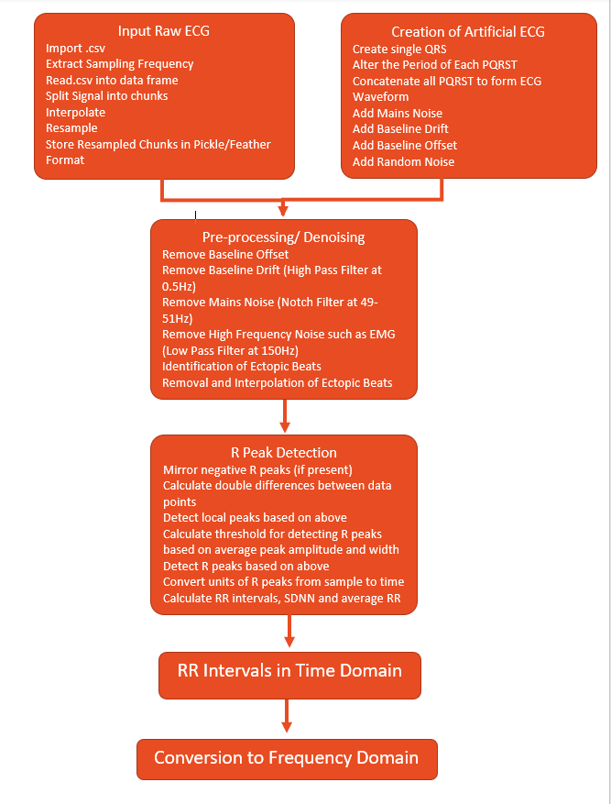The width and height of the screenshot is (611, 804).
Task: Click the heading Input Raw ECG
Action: coord(163,31)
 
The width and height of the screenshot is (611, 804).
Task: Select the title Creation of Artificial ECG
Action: coord(468,32)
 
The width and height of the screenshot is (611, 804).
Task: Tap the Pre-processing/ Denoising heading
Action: coord(283,237)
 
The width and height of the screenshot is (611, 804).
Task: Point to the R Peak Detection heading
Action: coord(284,453)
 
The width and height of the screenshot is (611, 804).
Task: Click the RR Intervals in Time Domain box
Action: coord(289,676)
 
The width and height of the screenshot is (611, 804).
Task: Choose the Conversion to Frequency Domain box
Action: coord(287,759)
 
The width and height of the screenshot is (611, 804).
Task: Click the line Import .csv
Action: coord(75,49)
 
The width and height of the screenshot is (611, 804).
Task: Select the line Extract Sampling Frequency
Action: coord(119,64)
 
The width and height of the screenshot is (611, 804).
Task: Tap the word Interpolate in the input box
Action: coord(75,112)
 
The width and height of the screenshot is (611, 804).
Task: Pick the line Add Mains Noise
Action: coord(398,114)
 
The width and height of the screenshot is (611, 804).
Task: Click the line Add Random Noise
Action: coord(404,162)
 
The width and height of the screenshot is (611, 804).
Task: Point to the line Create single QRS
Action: coord(399,50)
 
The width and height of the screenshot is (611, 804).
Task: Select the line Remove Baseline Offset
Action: coord(225,254)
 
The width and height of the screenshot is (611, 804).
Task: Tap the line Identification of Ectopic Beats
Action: coord(242,367)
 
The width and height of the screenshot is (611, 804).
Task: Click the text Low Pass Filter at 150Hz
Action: coord(230,351)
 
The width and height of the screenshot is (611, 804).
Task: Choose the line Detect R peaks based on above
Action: coord(245,566)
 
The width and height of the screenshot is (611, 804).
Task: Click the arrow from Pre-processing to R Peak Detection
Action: coord(285,416)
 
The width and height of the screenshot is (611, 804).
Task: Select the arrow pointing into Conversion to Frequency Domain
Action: coord(287,716)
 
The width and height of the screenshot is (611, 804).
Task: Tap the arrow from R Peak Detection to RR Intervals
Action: coord(289,631)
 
